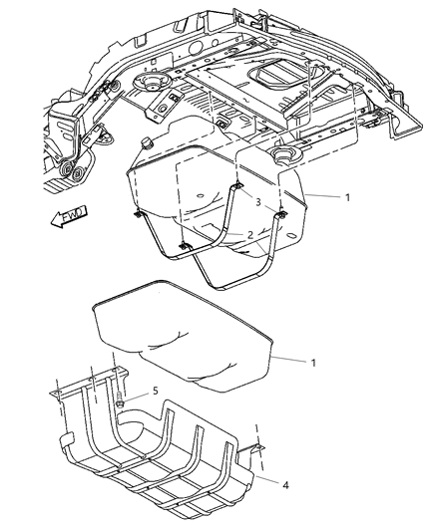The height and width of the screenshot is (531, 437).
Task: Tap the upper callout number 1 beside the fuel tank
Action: pyautogui.click(x=347, y=197)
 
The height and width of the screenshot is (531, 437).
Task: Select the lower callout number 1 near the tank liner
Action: pyautogui.click(x=312, y=363)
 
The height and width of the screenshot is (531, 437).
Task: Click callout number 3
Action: pyautogui.click(x=257, y=202)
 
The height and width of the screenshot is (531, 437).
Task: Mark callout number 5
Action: pyautogui.click(x=154, y=393)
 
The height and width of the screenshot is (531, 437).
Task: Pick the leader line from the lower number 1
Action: pyautogui.click(x=289, y=359)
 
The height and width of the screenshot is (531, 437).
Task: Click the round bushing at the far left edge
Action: pyautogui.click(x=71, y=177)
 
